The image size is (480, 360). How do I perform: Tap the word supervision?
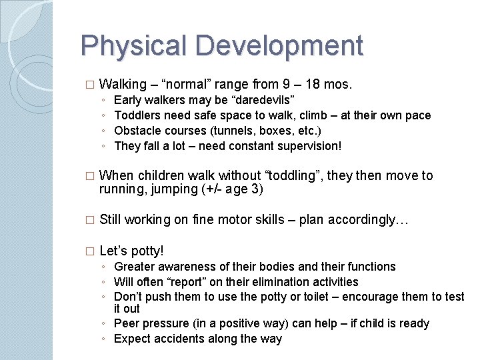coord(312,145)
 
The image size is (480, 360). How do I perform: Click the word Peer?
coord(127,323)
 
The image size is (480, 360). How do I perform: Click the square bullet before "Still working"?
coord(90,221)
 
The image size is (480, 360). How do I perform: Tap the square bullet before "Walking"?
coord(90,85)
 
